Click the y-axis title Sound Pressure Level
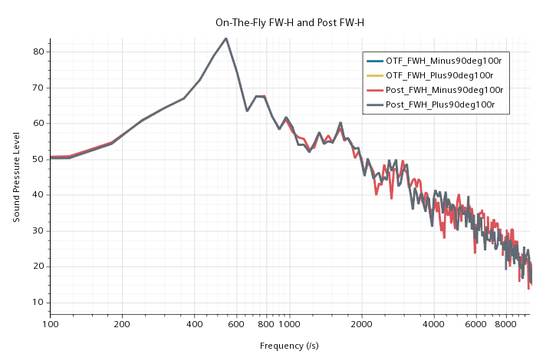pyautogui.click(x=17, y=177)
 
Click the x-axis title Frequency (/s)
pyautogui.click(x=289, y=346)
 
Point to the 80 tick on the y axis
pyautogui.click(x=36, y=51)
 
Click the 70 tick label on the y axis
pyautogui.click(x=36, y=88)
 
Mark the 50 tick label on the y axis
pyautogui.click(x=36, y=159)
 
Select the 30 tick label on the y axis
pyautogui.click(x=36, y=230)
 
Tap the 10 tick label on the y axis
pyautogui.click(x=36, y=302)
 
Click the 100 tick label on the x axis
pyautogui.click(x=51, y=325)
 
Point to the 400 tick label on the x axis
pyautogui.click(x=195, y=325)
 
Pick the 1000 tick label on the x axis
pyautogui.click(x=289, y=325)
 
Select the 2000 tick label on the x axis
pyautogui.click(x=362, y=325)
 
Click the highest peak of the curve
pyautogui.click(x=225, y=38)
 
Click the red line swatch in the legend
pyautogui.click(x=374, y=90)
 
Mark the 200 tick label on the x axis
pyautogui.click(x=123, y=325)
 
